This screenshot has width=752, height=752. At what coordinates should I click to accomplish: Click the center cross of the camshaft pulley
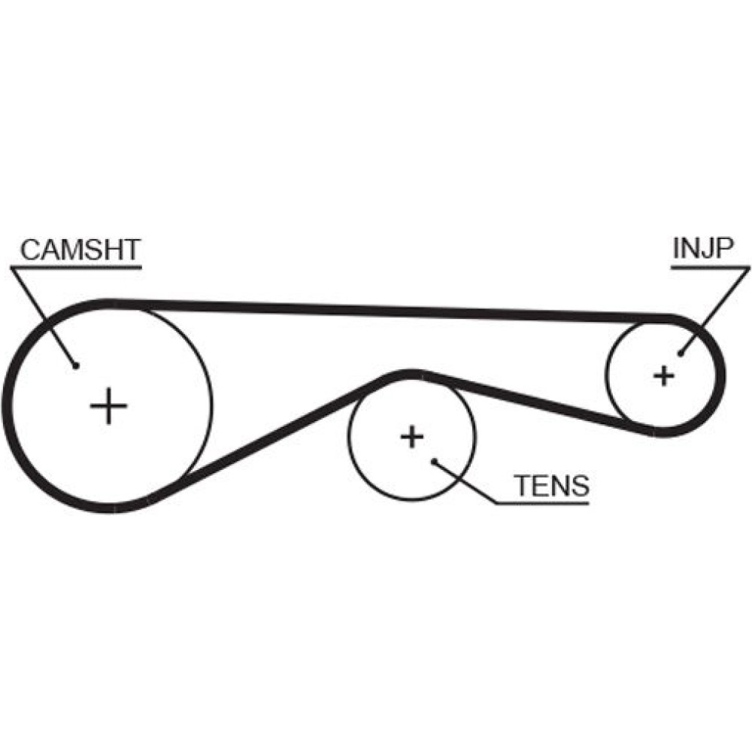coord(109,406)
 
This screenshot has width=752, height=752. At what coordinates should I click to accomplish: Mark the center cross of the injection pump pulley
coord(663,374)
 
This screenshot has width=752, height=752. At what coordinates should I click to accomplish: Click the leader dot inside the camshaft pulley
coord(77,366)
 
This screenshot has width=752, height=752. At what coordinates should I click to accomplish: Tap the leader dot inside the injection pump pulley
coord(680,353)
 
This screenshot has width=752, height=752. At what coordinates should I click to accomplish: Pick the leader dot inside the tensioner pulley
coord(434,461)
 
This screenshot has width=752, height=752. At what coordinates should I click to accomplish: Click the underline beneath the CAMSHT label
coord(75,265)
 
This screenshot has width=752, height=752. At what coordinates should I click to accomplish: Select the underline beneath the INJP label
coord(711,265)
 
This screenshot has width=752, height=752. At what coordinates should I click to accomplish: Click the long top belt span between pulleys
coord(391,310)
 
